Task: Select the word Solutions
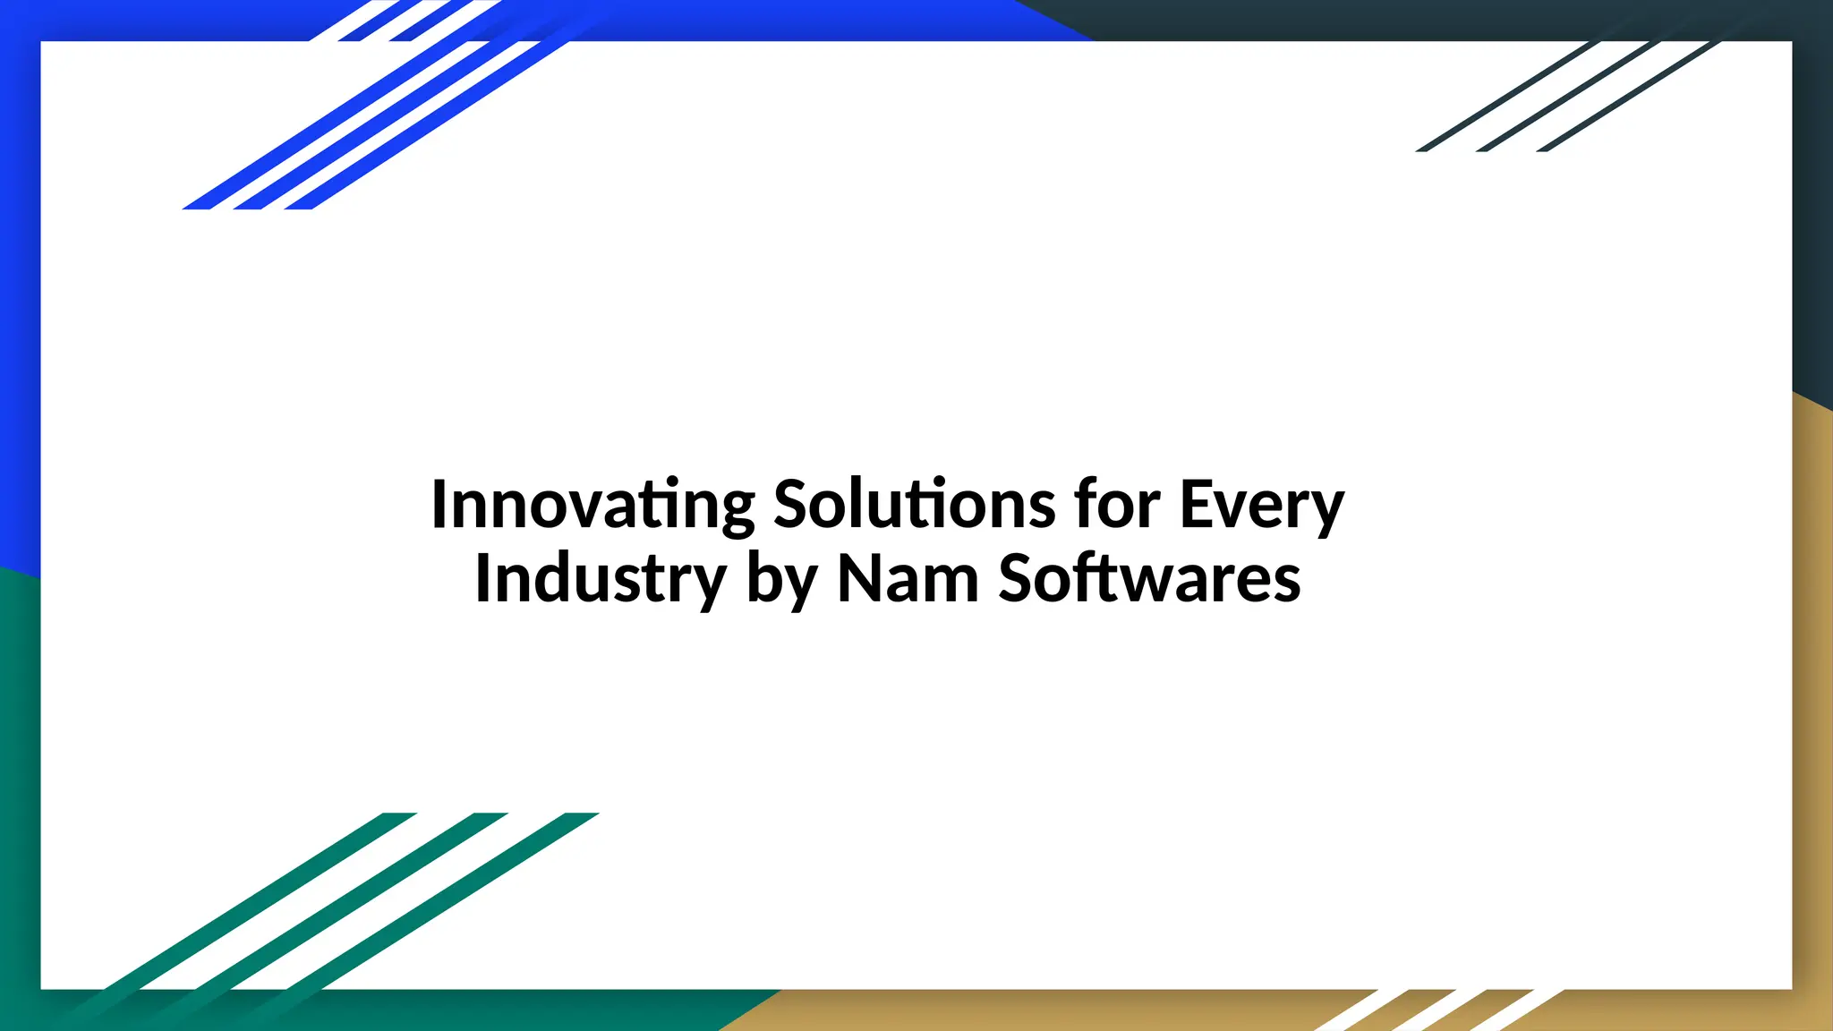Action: point(914,505)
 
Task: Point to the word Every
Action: point(1262,507)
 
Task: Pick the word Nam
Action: point(908,579)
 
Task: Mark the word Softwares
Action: point(1149,579)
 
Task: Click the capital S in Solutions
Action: point(793,505)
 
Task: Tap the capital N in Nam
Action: point(858,579)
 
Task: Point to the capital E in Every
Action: point(1197,505)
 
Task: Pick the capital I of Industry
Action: point(483,579)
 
